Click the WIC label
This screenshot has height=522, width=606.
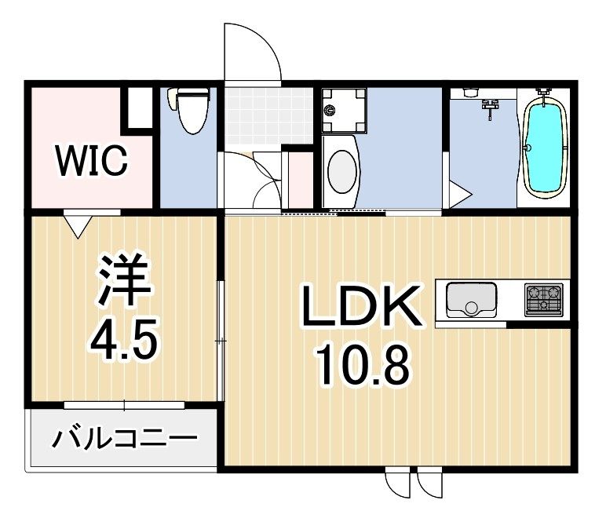click(90, 162)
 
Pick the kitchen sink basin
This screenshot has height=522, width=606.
click(471, 298)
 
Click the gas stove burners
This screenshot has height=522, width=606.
click(544, 298)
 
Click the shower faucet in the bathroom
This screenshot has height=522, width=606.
click(491, 106)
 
